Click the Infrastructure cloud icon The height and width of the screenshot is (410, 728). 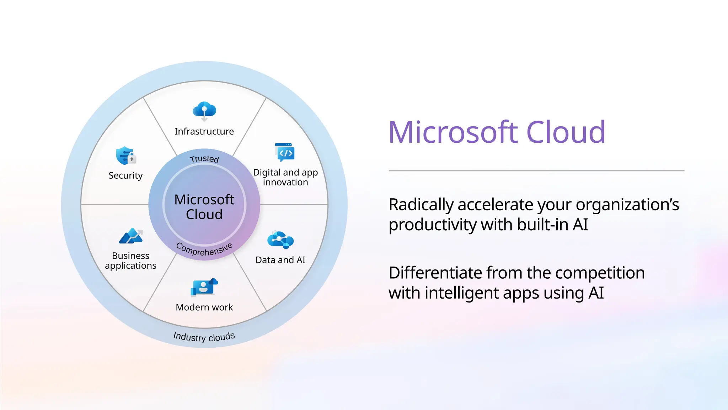click(x=204, y=110)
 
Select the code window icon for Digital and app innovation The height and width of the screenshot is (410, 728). click(x=285, y=152)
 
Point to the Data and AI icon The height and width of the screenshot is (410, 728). click(x=280, y=240)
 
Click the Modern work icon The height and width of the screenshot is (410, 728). click(x=204, y=287)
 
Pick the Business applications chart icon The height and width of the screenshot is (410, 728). click(x=131, y=236)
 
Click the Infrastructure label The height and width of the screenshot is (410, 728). click(x=204, y=132)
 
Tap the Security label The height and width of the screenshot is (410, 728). click(x=125, y=175)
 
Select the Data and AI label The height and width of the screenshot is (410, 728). click(x=280, y=260)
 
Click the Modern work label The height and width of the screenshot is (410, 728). click(x=204, y=307)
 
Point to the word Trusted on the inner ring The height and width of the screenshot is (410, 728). click(x=204, y=159)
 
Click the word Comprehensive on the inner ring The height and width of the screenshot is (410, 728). click(x=204, y=249)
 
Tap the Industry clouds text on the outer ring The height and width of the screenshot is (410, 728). click(x=204, y=337)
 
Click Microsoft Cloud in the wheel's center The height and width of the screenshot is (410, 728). click(x=204, y=207)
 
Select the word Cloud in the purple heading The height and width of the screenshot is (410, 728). click(x=566, y=132)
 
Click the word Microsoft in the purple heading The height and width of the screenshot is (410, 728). click(x=453, y=132)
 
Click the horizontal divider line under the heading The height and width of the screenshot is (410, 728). click(x=536, y=171)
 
